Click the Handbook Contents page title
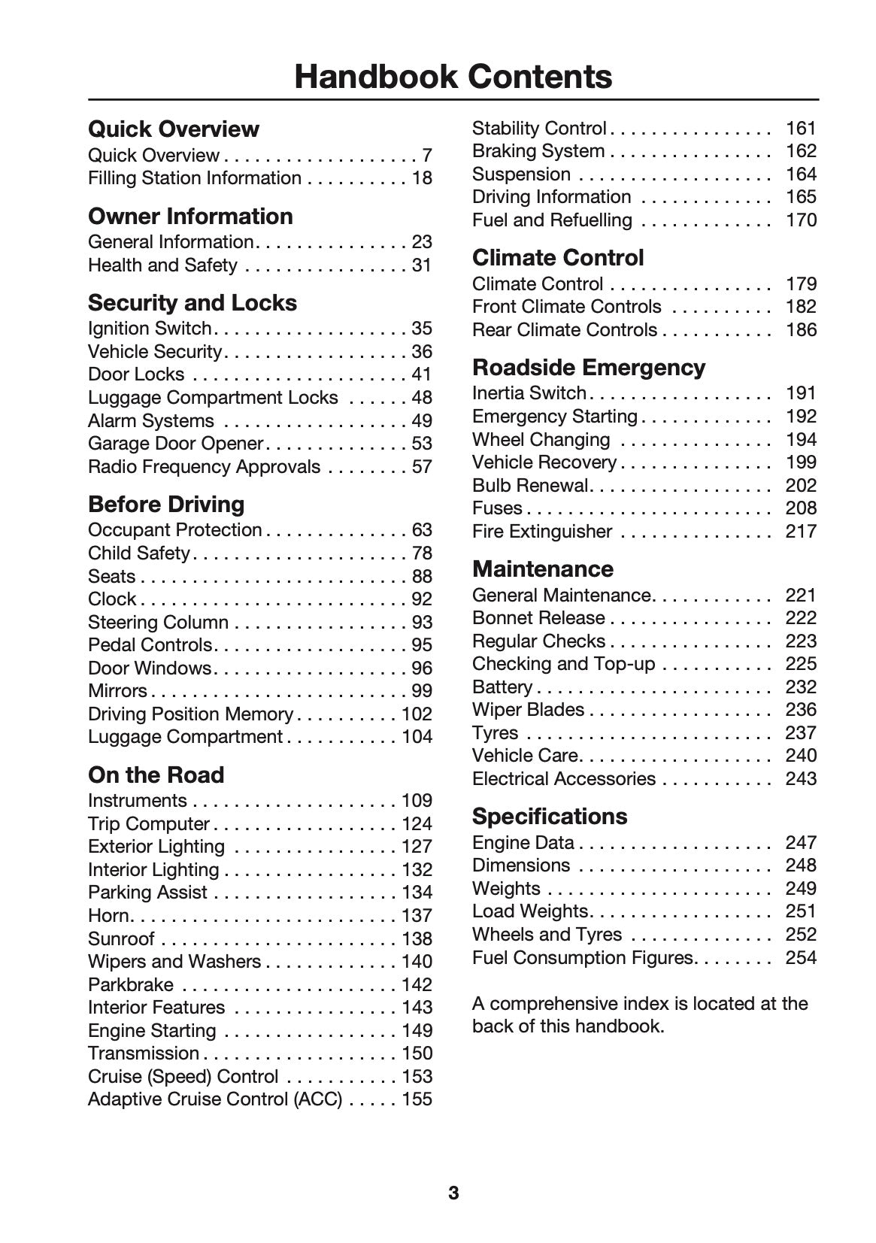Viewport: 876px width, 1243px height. click(453, 77)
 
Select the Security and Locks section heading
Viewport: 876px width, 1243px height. click(192, 302)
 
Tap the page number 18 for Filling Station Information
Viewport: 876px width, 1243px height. click(422, 178)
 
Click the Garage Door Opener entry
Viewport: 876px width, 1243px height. click(175, 444)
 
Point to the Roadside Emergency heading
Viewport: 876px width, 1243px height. click(589, 367)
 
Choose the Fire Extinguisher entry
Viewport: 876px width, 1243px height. click(541, 532)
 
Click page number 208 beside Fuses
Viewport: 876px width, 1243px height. click(801, 508)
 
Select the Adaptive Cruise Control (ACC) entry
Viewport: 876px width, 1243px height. click(215, 1099)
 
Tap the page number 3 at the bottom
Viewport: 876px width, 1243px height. click(453, 1193)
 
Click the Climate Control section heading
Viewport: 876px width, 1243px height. click(558, 257)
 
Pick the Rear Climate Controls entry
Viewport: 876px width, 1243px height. click(564, 330)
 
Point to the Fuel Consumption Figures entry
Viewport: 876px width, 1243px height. click(582, 958)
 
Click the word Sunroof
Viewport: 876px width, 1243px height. click(121, 939)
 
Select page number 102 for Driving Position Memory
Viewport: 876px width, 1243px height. click(417, 714)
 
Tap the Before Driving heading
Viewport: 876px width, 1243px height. click(166, 504)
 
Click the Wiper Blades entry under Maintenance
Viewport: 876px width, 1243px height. click(528, 710)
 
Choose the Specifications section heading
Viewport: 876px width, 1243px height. click(549, 816)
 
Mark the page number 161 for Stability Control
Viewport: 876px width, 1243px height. click(801, 129)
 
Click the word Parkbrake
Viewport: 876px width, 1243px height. click(130, 985)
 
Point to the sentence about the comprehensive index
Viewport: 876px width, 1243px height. click(639, 1015)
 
